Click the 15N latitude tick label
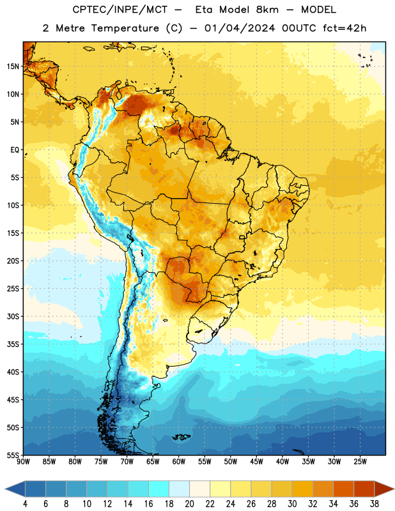tap(13, 66)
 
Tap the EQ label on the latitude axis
tap(15, 150)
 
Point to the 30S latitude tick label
tap(13, 316)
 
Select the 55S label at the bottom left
tap(13, 455)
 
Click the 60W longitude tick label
tap(179, 461)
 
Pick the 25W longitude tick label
tap(360, 461)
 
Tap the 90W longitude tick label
tap(23, 461)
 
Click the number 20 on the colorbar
tap(189, 504)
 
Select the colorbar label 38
tap(374, 504)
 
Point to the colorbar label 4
tap(25, 504)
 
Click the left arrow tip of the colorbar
tap(5, 489)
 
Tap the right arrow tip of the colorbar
tap(394, 489)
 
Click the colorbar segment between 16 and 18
tap(159, 489)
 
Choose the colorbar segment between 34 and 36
tap(343, 489)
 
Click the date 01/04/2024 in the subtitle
tap(240, 28)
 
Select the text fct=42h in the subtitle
tap(345, 28)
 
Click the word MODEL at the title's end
tap(318, 10)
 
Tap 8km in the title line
tap(267, 10)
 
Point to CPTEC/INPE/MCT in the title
tap(120, 10)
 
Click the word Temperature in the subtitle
tap(125, 28)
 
